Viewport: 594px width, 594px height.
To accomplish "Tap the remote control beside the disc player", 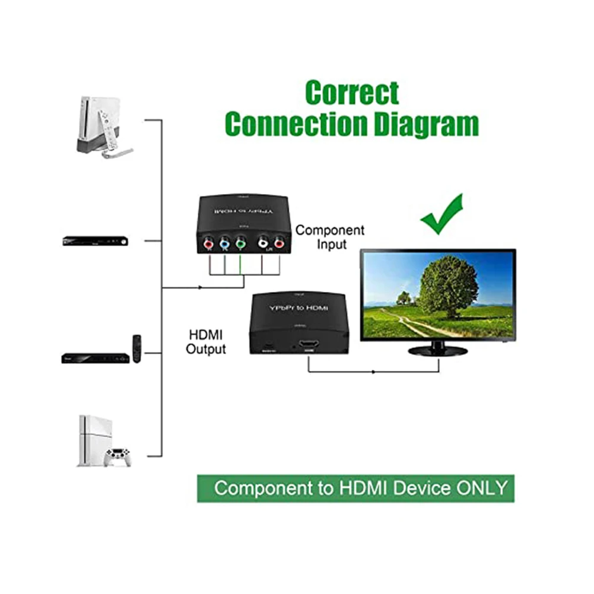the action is click(137, 348).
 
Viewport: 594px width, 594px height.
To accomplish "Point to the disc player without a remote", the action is click(96, 241).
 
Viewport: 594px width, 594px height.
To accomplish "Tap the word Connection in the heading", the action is click(296, 124).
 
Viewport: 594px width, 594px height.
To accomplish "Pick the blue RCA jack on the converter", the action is click(224, 243).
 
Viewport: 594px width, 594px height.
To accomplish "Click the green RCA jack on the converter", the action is click(239, 243).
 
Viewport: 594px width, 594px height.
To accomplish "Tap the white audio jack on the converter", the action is click(262, 243).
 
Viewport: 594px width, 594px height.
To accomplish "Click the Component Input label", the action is click(330, 237).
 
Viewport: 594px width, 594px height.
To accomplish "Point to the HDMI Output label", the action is click(206, 342).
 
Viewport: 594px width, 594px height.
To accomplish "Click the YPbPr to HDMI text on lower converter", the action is click(298, 309).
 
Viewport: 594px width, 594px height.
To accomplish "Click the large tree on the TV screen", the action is click(447, 285).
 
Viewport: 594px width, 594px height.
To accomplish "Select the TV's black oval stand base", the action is click(438, 351).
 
